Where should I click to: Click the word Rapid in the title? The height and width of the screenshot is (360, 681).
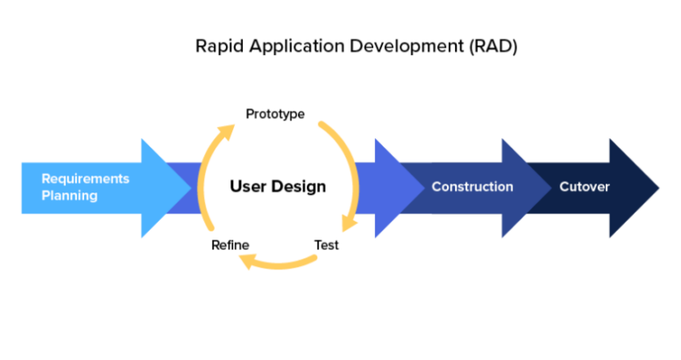point(216,47)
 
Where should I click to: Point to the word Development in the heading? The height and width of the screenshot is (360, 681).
point(390,47)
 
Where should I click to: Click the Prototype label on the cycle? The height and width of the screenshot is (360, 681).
point(275,113)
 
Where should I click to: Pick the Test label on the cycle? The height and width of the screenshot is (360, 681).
point(326,245)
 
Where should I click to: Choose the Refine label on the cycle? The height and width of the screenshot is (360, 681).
point(230,245)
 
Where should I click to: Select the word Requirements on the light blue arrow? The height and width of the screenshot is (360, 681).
point(85,178)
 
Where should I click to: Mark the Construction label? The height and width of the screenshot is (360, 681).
point(472,187)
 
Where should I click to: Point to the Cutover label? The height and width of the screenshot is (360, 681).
point(583,187)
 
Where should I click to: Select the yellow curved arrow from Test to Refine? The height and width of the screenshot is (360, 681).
point(284,263)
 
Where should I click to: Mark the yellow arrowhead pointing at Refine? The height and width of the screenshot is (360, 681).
point(251,261)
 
